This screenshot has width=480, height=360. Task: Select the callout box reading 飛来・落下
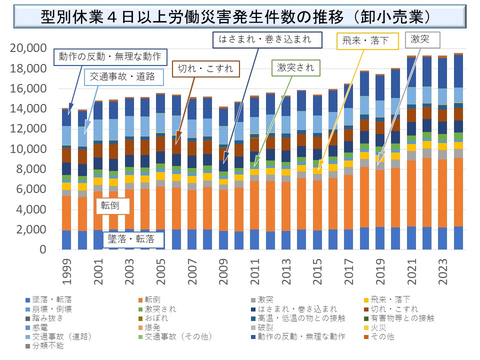click(366, 40)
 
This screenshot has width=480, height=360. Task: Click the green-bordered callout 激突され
click(296, 68)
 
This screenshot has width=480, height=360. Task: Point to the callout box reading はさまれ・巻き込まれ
click(265, 39)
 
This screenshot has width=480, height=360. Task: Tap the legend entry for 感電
click(42, 327)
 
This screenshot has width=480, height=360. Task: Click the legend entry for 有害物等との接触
click(400, 318)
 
